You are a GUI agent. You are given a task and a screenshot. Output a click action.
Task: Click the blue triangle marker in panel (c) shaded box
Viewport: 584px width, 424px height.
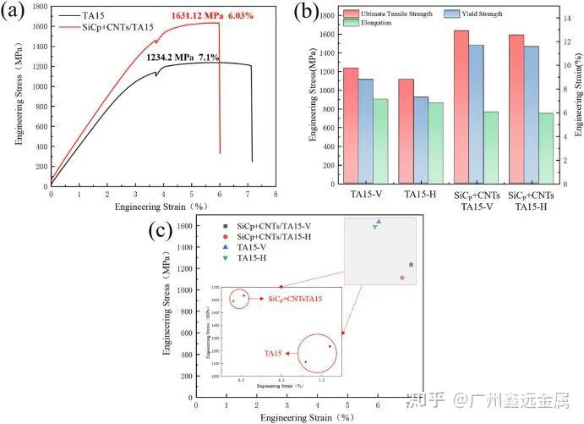[379, 222]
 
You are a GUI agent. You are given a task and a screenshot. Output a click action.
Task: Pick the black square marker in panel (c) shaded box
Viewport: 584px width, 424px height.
[411, 265]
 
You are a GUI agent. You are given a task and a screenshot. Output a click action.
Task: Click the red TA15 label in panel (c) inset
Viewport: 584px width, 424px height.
[273, 353]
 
